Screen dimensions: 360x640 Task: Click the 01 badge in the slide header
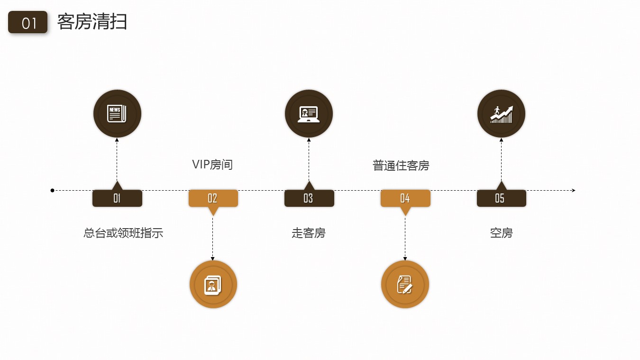pos(28,22)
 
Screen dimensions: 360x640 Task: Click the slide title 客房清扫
pos(92,22)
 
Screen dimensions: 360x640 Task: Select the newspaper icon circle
pos(117,114)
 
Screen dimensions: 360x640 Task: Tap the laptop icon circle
pos(309,114)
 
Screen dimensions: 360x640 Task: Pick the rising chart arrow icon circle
pos(501,114)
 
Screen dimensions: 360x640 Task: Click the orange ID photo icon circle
pos(213,285)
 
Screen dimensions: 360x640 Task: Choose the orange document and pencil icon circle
pos(405,285)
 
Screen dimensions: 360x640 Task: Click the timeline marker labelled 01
pos(117,198)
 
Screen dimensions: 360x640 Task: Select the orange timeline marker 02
pos(213,198)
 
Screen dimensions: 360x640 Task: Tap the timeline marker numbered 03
pos(309,198)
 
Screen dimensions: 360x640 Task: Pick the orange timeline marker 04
pos(405,198)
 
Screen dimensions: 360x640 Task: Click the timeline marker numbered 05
pos(501,198)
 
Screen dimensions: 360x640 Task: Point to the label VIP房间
pos(212,165)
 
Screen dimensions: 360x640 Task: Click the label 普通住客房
pos(401,166)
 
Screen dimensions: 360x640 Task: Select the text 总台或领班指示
pos(123,233)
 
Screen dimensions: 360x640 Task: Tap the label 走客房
pos(309,233)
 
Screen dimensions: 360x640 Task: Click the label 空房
pos(501,233)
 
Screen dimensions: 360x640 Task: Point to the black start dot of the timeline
pos(53,190)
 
